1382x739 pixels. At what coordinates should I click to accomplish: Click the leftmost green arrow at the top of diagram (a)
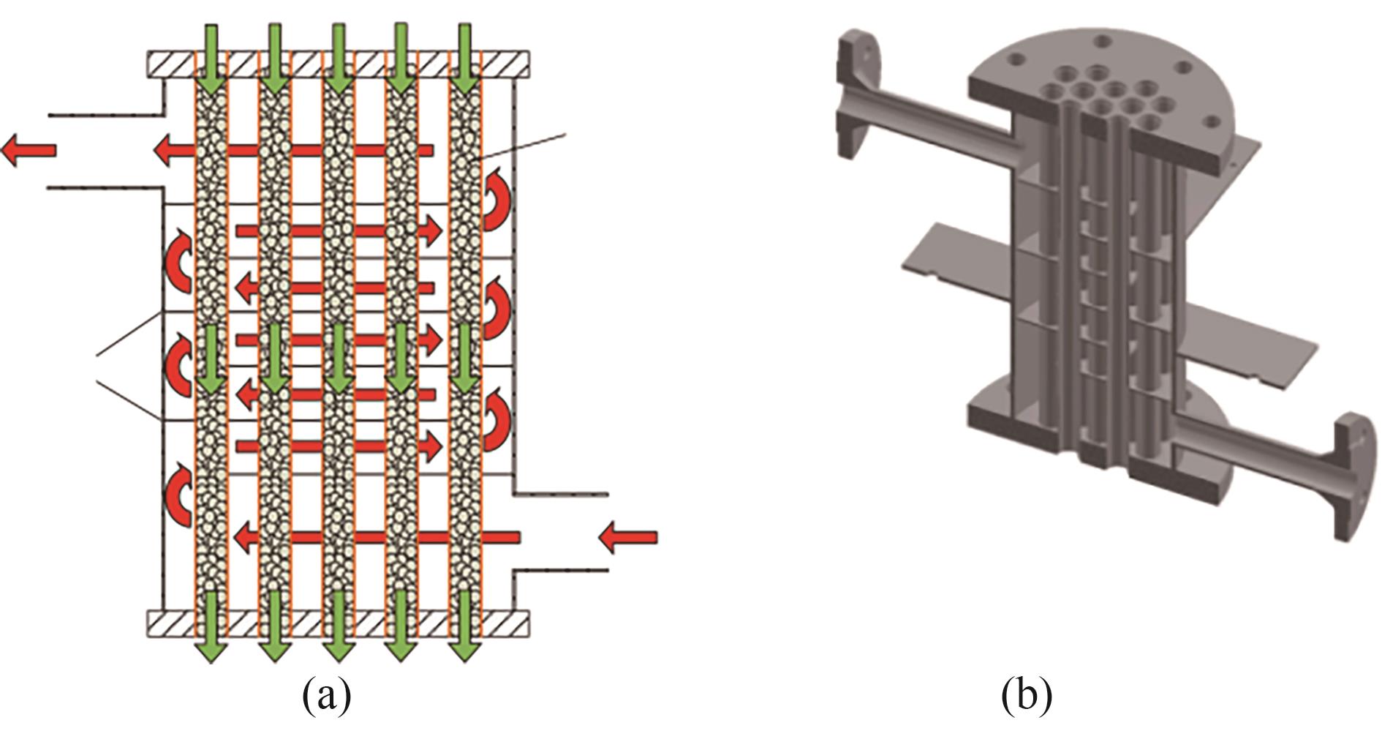click(x=211, y=59)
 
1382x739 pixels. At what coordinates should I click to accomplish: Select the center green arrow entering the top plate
click(x=338, y=59)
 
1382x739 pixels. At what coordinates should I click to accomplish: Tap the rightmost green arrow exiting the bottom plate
click(x=464, y=626)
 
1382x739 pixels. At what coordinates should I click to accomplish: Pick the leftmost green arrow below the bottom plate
click(x=211, y=626)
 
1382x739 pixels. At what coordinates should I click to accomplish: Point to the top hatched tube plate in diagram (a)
click(x=338, y=64)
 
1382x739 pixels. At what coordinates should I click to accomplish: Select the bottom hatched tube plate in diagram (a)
click(x=338, y=623)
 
